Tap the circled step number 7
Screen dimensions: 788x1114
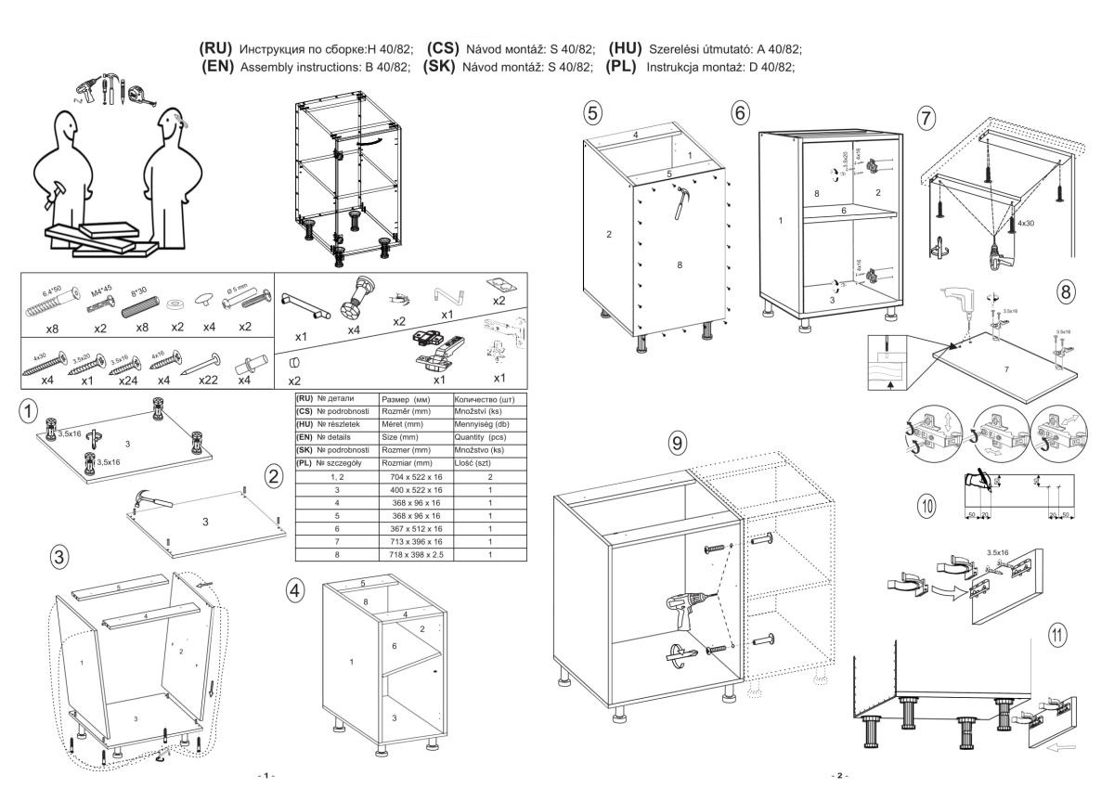tap(926, 118)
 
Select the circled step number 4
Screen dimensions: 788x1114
tap(295, 590)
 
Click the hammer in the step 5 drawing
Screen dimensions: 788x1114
tap(682, 200)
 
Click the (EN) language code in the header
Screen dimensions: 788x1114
tap(216, 68)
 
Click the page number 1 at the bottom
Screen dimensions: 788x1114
tap(268, 773)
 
